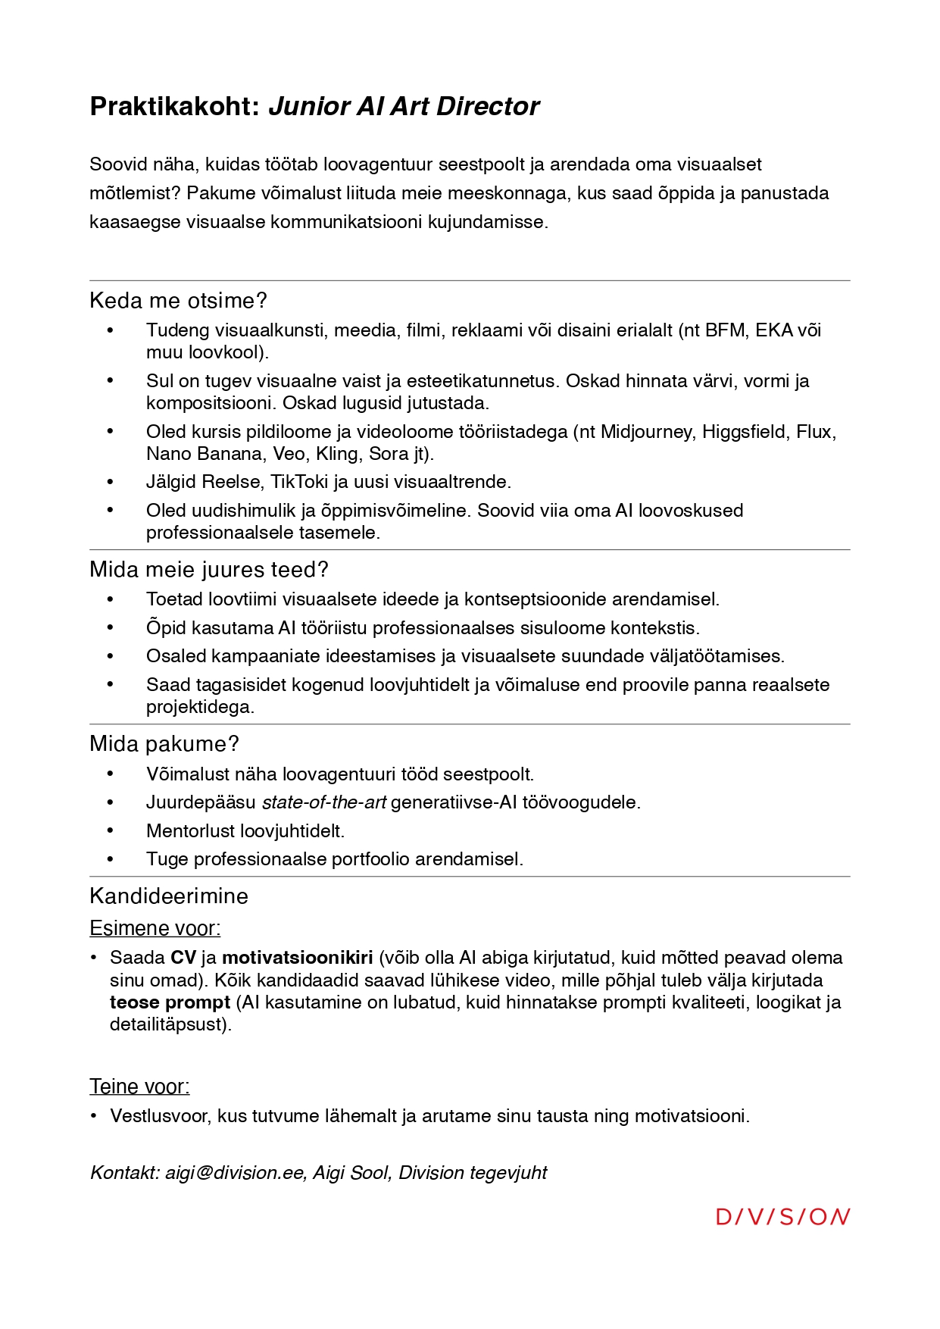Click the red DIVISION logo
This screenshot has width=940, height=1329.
pos(782,1217)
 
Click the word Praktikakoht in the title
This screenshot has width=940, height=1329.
pos(175,107)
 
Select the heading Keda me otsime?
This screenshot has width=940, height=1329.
pos(178,301)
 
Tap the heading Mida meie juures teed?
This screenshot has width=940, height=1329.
pos(208,570)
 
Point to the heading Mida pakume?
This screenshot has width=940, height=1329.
pos(164,744)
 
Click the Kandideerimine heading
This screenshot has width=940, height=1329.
pos(169,896)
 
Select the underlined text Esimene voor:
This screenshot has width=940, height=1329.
pos(155,928)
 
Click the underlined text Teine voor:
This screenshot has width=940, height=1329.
pos(139,1087)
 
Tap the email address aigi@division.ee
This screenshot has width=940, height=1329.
pos(234,1173)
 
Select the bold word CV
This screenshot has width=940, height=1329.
pos(183,958)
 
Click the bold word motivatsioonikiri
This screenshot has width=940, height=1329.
pos(297,958)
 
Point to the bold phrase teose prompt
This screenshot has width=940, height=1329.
pos(170,1002)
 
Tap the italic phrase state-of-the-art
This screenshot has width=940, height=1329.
pos(323,802)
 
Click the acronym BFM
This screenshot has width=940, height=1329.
pos(725,330)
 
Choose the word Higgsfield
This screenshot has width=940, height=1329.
pos(744,432)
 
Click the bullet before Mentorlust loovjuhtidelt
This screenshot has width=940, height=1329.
pos(111,830)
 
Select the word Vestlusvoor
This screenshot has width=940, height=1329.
pos(159,1116)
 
